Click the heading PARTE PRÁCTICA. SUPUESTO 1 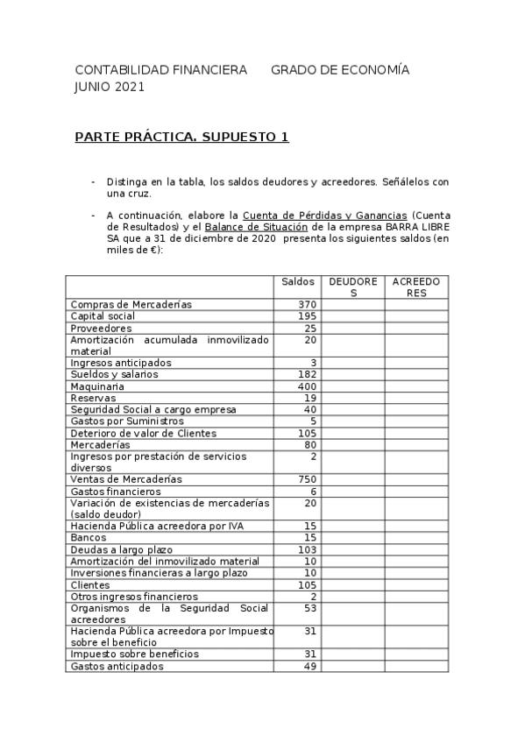point(181,138)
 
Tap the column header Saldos point(298,281)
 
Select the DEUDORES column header point(353,287)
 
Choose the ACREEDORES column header point(416,287)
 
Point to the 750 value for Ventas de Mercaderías point(307,479)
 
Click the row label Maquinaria point(97,386)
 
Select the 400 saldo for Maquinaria point(307,386)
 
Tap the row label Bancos point(89,538)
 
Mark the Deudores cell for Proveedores point(352,328)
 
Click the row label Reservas point(93,398)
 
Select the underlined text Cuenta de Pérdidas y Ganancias point(324,215)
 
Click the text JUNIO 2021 point(110,87)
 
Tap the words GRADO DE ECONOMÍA point(339,70)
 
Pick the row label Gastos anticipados point(117,666)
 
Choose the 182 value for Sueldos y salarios point(307,374)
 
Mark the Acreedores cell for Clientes point(416,584)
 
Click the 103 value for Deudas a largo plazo point(307,549)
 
